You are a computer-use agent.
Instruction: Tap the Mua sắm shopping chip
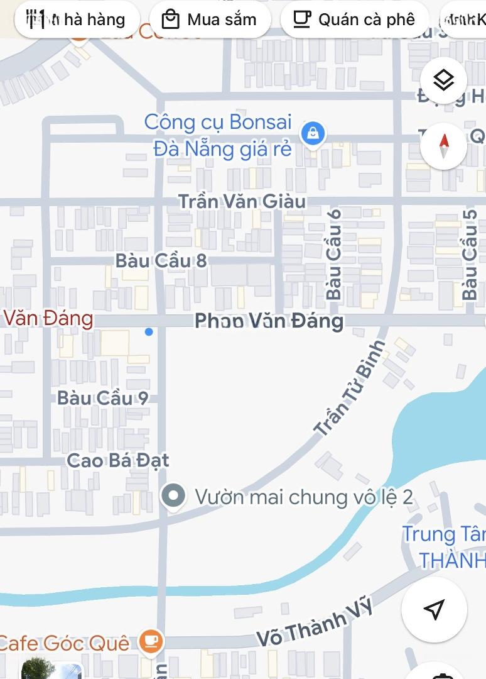click(x=210, y=19)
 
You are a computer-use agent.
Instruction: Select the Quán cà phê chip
click(x=354, y=19)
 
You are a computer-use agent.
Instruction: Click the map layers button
click(x=444, y=80)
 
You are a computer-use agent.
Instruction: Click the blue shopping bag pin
click(x=312, y=133)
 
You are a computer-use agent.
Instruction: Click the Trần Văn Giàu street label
click(x=242, y=201)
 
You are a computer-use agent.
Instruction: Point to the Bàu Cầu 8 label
click(x=161, y=261)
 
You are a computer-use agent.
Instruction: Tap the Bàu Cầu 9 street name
click(x=103, y=398)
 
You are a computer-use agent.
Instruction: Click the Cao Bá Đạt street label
click(x=118, y=460)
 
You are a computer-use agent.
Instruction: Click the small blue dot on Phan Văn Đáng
click(x=149, y=331)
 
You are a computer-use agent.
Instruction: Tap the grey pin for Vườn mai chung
click(x=173, y=496)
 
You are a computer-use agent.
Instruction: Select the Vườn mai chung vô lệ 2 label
click(x=304, y=497)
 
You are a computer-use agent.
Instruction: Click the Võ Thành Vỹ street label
click(x=315, y=623)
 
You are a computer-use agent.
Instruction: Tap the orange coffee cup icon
click(x=151, y=641)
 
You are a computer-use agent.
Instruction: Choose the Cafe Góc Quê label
click(x=64, y=643)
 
